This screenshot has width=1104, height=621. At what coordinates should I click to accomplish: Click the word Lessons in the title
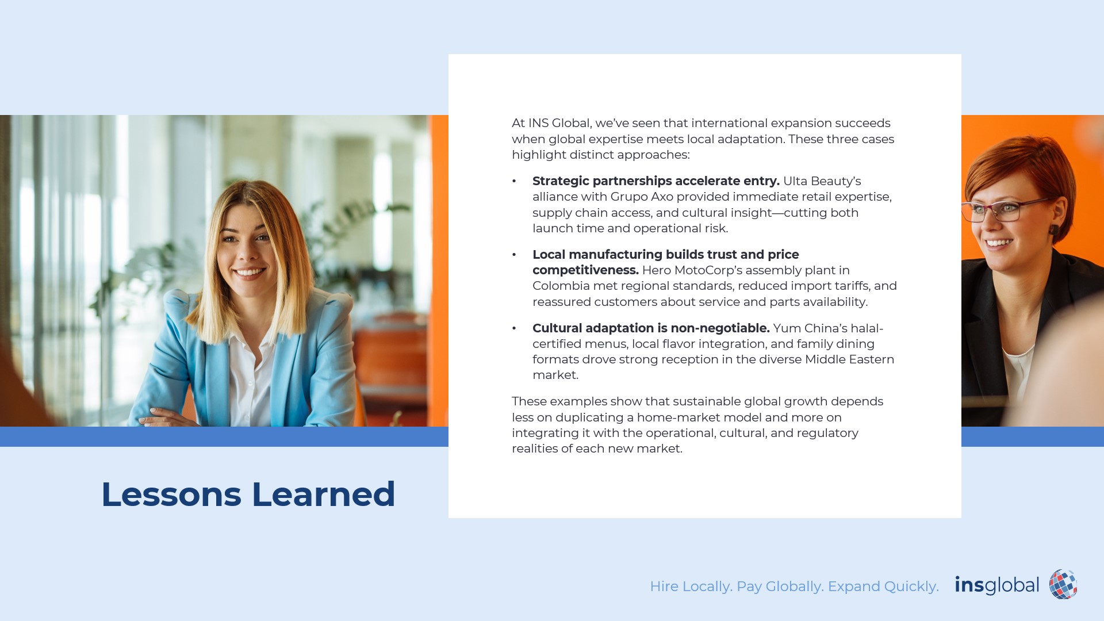(171, 494)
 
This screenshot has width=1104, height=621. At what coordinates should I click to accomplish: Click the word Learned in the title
(324, 494)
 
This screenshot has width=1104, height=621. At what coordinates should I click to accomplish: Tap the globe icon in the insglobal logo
(1063, 584)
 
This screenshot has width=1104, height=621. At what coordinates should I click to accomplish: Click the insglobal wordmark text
(996, 585)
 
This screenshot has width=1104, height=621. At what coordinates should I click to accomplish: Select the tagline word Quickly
(911, 586)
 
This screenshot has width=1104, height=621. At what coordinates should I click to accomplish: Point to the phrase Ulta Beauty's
(822, 181)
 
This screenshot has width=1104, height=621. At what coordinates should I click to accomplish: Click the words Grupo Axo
(642, 197)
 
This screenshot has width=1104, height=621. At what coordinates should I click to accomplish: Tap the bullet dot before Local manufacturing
(514, 255)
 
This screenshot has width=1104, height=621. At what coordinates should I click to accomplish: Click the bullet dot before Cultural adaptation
(514, 328)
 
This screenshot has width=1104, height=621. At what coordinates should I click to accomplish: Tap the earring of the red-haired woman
(1053, 229)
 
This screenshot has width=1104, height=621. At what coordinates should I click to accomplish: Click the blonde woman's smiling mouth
(250, 273)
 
